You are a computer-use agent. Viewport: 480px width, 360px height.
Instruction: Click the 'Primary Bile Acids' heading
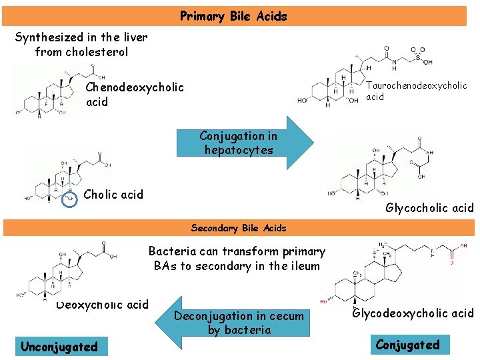pos(233,16)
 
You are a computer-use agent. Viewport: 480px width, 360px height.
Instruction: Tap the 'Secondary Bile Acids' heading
pos(239,228)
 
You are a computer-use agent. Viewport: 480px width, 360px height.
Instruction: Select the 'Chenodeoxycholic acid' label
pos(135,95)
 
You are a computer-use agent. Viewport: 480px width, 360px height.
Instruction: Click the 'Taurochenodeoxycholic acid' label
pos(416,91)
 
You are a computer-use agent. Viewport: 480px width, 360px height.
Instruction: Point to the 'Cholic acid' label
pos(113,195)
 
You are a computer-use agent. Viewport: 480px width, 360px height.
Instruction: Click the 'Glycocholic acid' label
pos(429,208)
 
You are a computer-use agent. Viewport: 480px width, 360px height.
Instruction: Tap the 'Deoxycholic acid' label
pos(102,305)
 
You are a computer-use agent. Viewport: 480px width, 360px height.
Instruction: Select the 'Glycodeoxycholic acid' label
pos(413,313)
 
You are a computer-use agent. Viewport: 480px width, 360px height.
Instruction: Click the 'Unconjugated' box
pos(59,347)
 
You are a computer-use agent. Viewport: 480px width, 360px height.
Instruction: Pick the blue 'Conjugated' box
pos(407,345)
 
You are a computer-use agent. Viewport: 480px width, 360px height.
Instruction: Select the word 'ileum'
pos(304,265)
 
